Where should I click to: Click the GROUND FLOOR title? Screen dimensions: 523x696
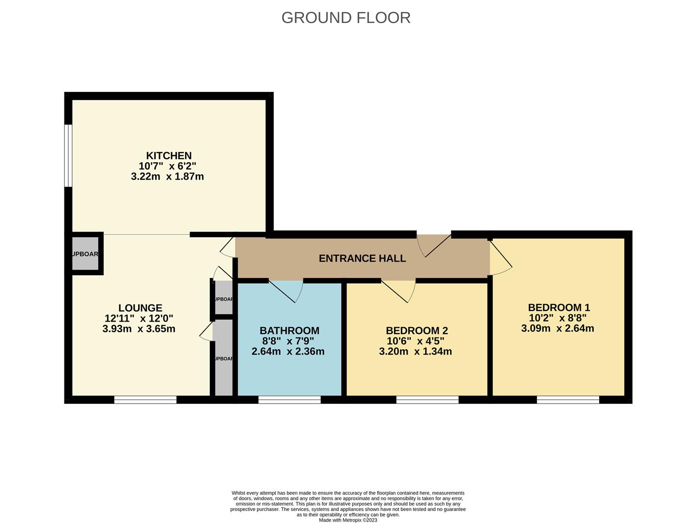pyautogui.click(x=346, y=17)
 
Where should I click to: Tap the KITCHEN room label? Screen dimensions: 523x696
pyautogui.click(x=169, y=155)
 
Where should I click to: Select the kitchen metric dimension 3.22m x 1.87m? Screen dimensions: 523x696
pyautogui.click(x=167, y=177)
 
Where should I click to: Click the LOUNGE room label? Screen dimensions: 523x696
pyautogui.click(x=140, y=308)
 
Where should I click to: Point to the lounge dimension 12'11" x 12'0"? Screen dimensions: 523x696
pyautogui.click(x=139, y=319)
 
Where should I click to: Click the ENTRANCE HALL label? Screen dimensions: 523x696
pyautogui.click(x=362, y=258)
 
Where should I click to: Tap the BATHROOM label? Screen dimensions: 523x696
pyautogui.click(x=289, y=331)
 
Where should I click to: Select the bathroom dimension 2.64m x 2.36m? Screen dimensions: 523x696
pyautogui.click(x=288, y=352)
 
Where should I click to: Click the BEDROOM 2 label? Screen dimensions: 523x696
pyautogui.click(x=416, y=331)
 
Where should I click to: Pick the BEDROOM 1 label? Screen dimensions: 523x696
pyautogui.click(x=558, y=308)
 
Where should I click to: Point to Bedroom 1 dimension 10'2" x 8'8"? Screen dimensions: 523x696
pyautogui.click(x=557, y=318)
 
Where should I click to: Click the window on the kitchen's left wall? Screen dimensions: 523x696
pyautogui.click(x=68, y=155)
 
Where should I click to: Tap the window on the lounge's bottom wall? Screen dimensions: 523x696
pyautogui.click(x=145, y=400)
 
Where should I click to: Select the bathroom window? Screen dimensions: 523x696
pyautogui.click(x=289, y=400)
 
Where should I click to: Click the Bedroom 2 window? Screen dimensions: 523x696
pyautogui.click(x=427, y=400)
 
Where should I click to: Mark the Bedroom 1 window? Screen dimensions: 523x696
pyautogui.click(x=568, y=400)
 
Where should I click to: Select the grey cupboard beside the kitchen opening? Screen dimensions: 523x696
pyautogui.click(x=85, y=254)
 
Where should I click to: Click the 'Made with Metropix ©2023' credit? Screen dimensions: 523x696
pyautogui.click(x=348, y=520)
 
